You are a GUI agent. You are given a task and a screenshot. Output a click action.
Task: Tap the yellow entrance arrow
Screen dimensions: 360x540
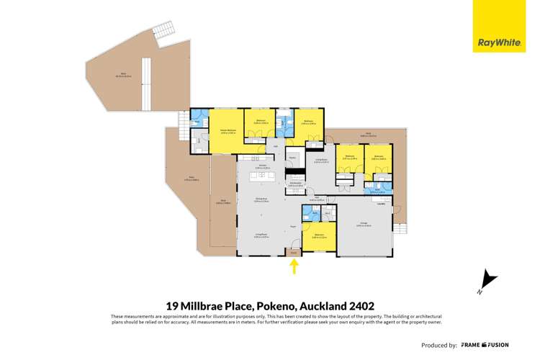tap(294, 268)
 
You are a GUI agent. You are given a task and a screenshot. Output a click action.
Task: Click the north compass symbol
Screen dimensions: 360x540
tap(487, 282)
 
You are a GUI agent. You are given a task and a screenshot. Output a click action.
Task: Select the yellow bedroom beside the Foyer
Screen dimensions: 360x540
tap(319, 237)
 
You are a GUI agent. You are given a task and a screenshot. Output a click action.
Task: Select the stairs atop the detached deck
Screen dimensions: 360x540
tap(163, 32)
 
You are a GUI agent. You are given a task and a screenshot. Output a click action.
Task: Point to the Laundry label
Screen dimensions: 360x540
tap(400, 203)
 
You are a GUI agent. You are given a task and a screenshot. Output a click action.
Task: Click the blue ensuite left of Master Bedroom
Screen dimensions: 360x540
tap(199, 119)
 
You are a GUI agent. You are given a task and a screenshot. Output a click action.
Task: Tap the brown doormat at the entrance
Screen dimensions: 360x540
tap(294, 252)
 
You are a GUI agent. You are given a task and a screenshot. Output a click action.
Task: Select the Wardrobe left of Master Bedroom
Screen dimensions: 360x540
tap(199, 142)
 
